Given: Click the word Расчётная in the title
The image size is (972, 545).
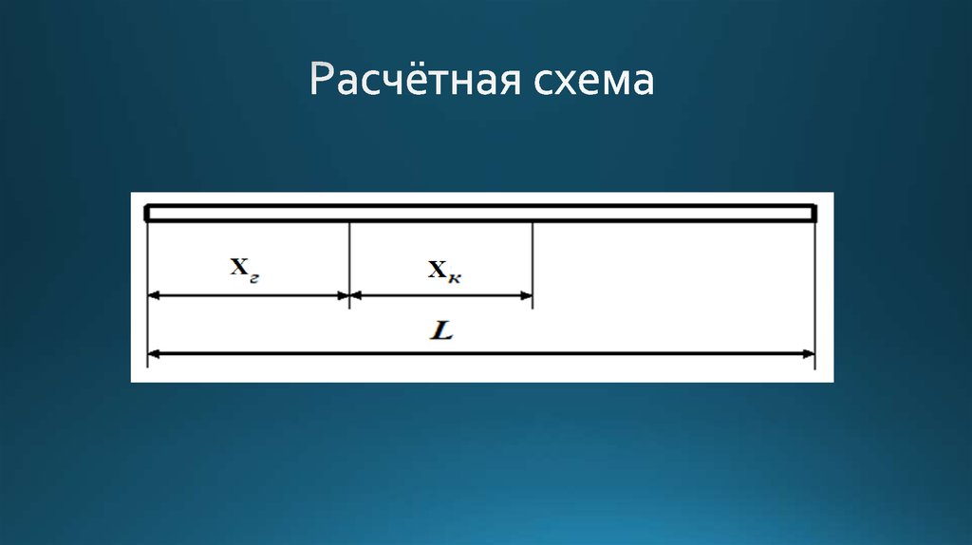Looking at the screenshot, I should (x=406, y=81).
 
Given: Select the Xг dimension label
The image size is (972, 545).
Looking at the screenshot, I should (x=246, y=269).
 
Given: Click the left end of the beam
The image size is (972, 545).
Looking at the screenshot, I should (x=149, y=214).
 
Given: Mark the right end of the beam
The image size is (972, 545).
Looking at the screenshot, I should (x=813, y=214).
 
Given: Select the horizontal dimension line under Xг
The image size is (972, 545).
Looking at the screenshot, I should (x=249, y=295).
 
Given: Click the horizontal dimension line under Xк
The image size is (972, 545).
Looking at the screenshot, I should (x=441, y=295).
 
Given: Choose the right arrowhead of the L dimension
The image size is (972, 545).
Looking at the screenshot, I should (x=809, y=355).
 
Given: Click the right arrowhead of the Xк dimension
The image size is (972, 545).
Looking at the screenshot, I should (x=527, y=295).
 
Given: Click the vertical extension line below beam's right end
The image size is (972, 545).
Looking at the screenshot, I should (x=814, y=285).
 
